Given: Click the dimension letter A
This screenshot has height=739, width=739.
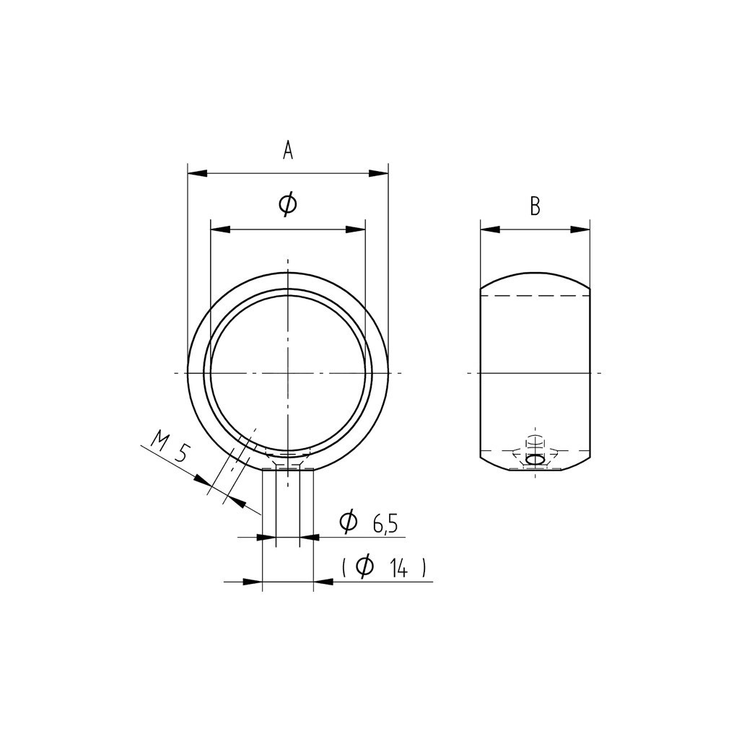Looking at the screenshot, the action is pyautogui.click(x=288, y=150).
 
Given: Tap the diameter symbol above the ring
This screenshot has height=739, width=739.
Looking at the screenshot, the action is pyautogui.click(x=288, y=204).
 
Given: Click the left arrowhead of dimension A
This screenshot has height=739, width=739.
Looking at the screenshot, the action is pyautogui.click(x=198, y=173).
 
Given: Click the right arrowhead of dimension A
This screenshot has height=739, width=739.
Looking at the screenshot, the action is pyautogui.click(x=378, y=173).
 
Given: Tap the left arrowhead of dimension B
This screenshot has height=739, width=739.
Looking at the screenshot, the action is pyautogui.click(x=490, y=229).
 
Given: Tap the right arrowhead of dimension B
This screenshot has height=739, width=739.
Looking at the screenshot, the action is pyautogui.click(x=580, y=229).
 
